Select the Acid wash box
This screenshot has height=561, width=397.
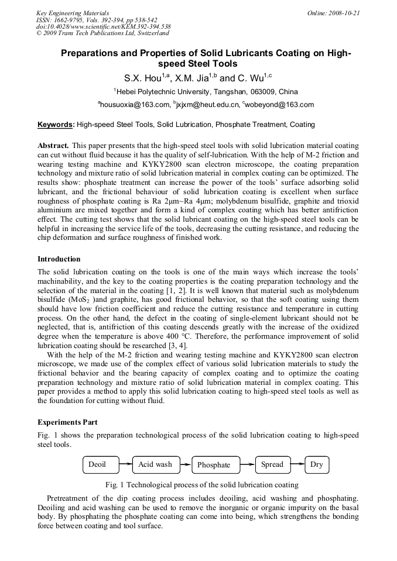pyautogui.click(x=155, y=464)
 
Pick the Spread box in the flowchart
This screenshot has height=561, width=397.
pyautogui.click(x=272, y=464)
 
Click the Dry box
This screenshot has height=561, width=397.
pyautogui.click(x=317, y=464)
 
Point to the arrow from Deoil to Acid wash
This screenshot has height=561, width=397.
pyautogui.click(x=125, y=464)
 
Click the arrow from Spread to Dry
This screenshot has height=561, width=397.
pyautogui.click(x=297, y=464)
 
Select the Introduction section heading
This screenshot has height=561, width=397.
pyautogui.click(x=59, y=259)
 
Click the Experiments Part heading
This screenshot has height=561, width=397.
pyautogui.click(x=67, y=422)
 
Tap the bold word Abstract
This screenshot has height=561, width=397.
pyautogui.click(x=53, y=144)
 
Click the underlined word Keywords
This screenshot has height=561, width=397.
pyautogui.click(x=56, y=124)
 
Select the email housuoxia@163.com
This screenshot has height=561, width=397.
pyautogui.click(x=133, y=105)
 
